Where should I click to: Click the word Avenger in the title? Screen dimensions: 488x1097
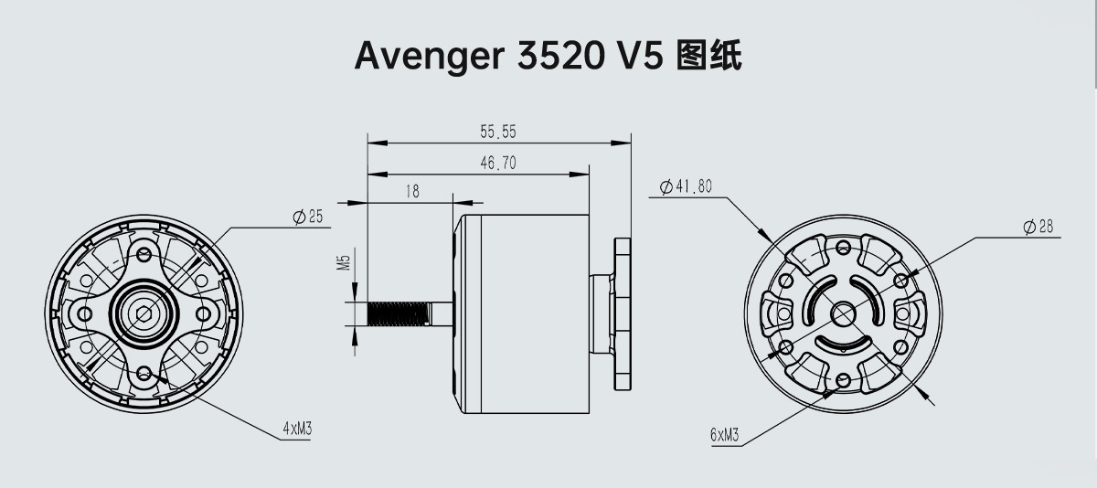(x=424, y=57)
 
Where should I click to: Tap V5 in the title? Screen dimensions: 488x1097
(x=637, y=56)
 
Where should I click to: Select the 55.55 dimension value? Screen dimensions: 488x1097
(x=498, y=133)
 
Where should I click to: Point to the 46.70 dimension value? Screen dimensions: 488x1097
(x=498, y=164)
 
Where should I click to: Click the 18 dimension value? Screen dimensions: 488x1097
(x=411, y=192)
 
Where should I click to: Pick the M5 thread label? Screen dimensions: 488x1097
(x=345, y=263)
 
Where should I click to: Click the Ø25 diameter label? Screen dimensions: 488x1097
(x=308, y=217)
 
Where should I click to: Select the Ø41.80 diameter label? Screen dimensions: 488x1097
(x=686, y=187)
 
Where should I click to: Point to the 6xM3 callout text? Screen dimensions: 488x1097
(x=725, y=436)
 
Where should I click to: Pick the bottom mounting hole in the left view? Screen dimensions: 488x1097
(x=144, y=373)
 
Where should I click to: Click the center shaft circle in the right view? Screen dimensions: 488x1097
(x=842, y=313)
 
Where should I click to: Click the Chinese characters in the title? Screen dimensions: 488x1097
(x=708, y=56)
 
